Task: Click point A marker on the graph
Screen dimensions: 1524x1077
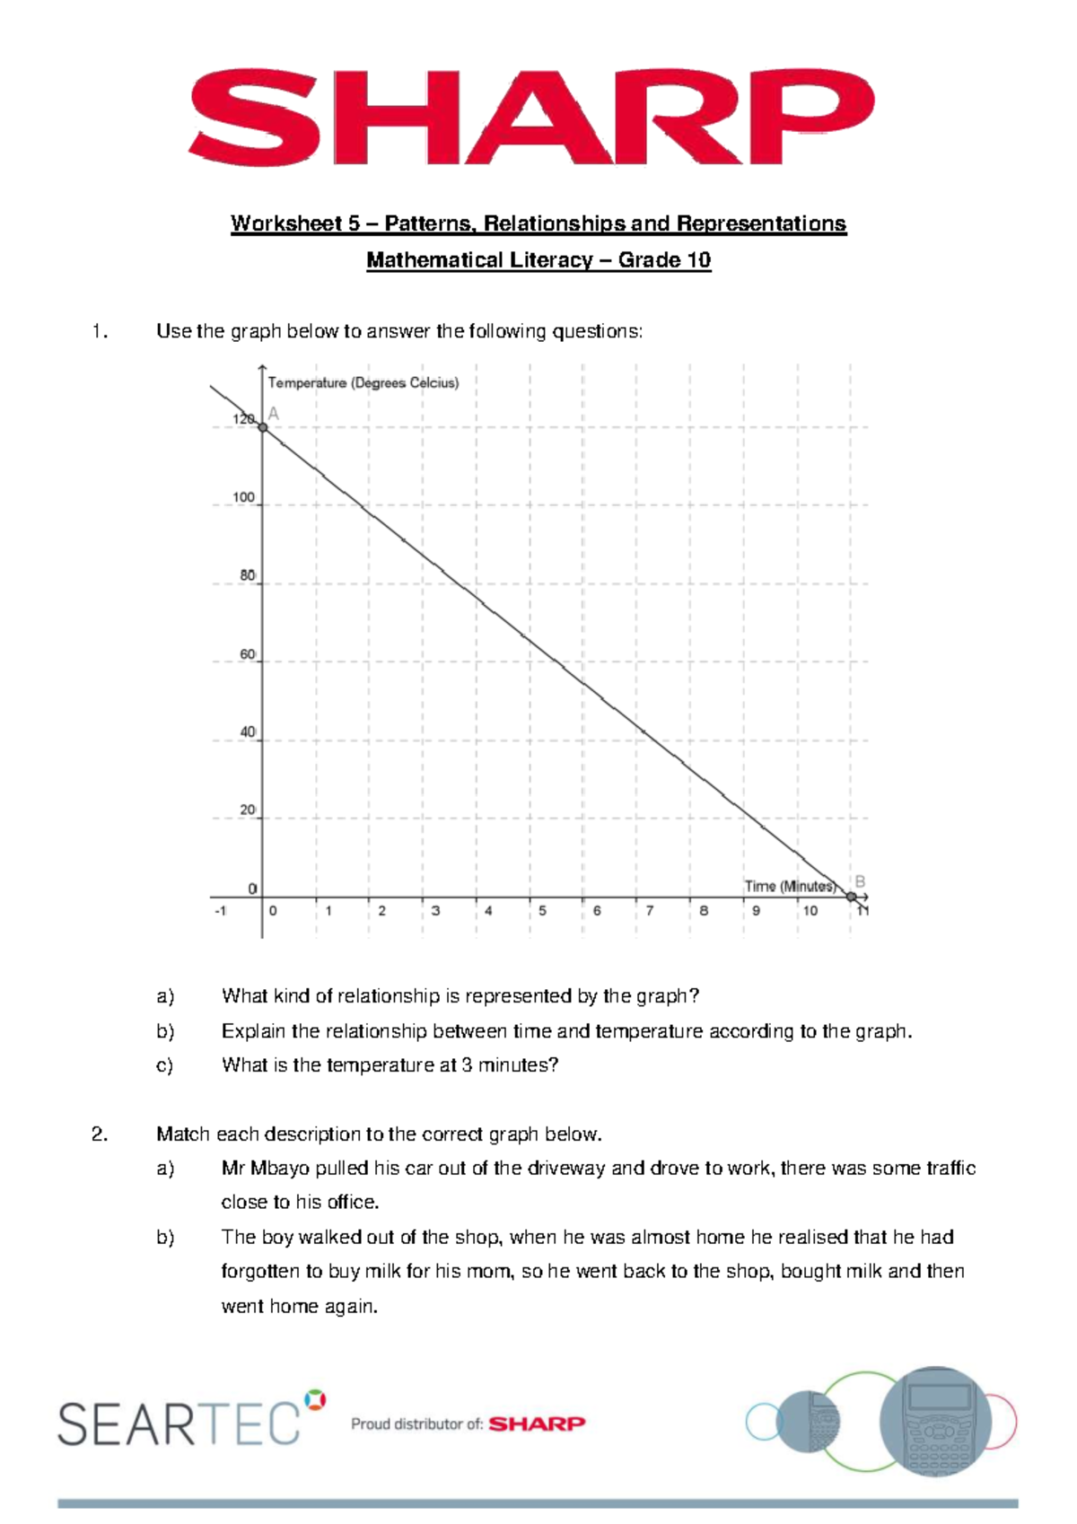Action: click(263, 427)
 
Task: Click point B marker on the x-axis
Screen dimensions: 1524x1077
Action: click(851, 896)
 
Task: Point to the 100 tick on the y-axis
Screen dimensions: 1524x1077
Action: click(243, 497)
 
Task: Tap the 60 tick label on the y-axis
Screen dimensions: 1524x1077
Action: click(247, 655)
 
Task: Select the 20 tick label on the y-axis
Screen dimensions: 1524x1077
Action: click(247, 810)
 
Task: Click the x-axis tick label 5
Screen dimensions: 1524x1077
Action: click(542, 911)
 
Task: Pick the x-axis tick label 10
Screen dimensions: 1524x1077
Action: click(810, 911)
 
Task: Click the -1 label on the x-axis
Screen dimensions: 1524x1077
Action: click(221, 911)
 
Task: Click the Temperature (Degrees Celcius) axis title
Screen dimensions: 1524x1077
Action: click(363, 383)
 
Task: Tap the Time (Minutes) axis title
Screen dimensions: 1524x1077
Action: click(789, 886)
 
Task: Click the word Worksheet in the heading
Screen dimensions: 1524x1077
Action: click(274, 223)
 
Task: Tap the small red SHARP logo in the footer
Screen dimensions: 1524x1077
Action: click(537, 1423)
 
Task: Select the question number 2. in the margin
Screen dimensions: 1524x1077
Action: click(100, 1134)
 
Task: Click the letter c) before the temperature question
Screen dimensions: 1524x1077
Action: click(164, 1065)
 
